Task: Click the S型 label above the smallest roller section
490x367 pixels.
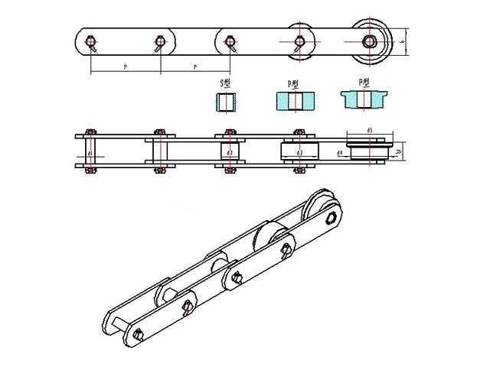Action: [225, 82]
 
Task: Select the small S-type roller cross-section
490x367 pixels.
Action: [227, 101]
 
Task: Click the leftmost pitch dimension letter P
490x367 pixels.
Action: [125, 68]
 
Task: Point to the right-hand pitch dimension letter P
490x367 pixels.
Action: [194, 68]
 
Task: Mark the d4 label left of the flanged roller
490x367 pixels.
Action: [340, 154]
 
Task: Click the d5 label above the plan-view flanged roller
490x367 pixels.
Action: [370, 131]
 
